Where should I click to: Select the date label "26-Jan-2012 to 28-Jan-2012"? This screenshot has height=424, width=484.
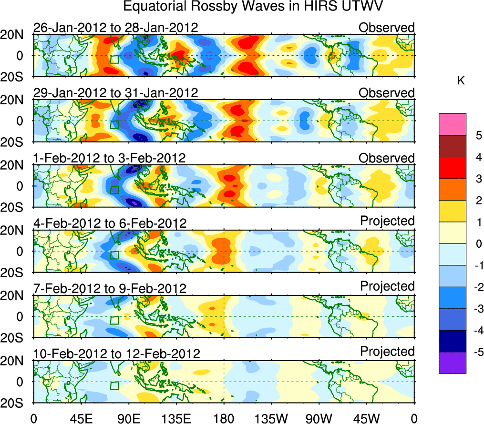pyautogui.click(x=115, y=27)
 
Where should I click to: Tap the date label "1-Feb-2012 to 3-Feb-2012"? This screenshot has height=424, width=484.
pyautogui.click(x=109, y=158)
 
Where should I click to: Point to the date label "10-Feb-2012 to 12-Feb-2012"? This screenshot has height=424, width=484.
pyautogui.click(x=116, y=353)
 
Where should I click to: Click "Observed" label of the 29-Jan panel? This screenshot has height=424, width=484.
pyautogui.click(x=387, y=93)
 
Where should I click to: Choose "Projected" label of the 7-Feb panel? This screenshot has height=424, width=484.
pyautogui.click(x=387, y=286)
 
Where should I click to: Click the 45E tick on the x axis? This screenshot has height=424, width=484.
pyautogui.click(x=81, y=418)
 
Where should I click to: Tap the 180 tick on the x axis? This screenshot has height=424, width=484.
pyautogui.click(x=224, y=418)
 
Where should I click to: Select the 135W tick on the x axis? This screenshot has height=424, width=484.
pyautogui.click(x=271, y=418)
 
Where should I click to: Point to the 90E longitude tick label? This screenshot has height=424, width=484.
pyautogui.click(x=128, y=418)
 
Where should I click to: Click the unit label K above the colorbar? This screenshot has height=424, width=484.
pyautogui.click(x=461, y=81)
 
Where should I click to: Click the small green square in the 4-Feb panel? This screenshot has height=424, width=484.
pyautogui.click(x=114, y=255)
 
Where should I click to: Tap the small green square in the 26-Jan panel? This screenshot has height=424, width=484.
pyautogui.click(x=114, y=59)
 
